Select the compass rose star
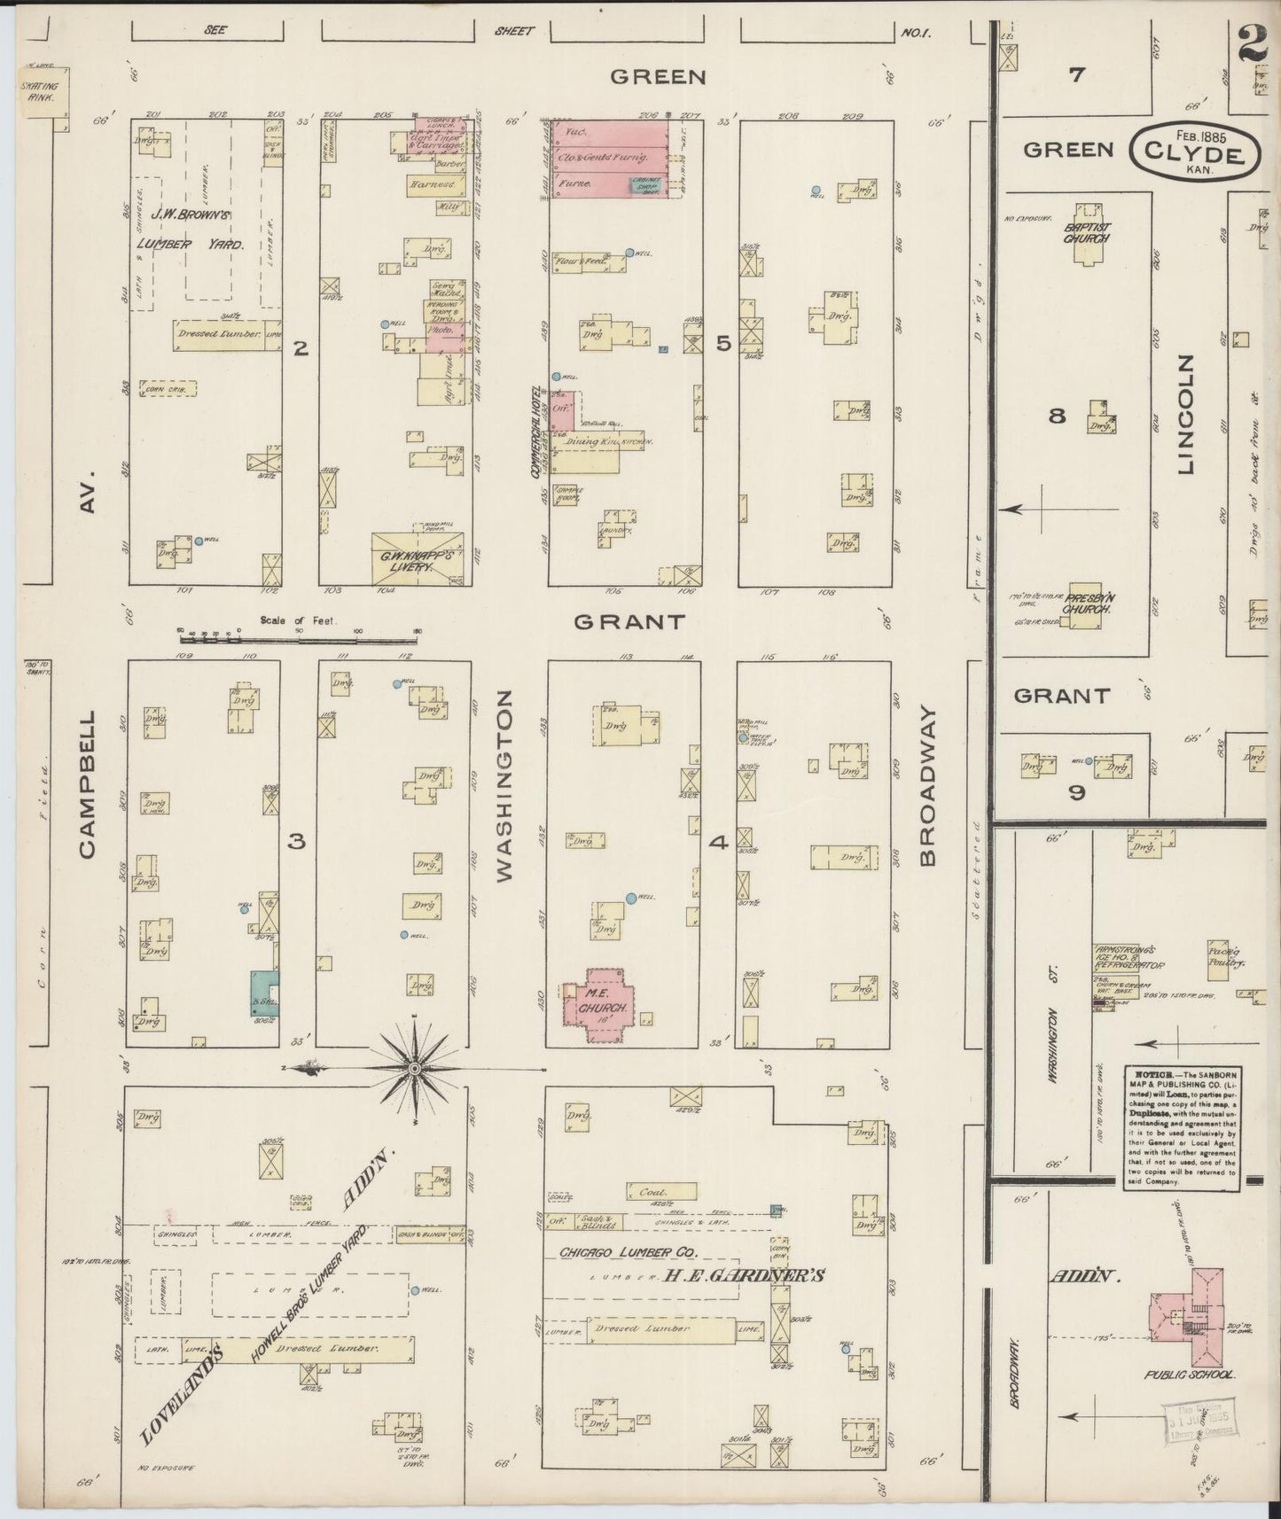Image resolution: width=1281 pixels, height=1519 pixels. coord(415,1071)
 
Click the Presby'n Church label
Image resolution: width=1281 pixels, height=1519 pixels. coord(1090,604)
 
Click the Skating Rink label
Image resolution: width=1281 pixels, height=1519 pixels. coord(39,92)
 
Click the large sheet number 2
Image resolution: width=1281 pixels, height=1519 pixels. coord(1253,44)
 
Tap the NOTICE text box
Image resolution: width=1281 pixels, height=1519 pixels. coord(1183,1126)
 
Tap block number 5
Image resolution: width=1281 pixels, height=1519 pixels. coord(723,343)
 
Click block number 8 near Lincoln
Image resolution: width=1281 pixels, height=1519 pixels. coord(1057,415)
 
